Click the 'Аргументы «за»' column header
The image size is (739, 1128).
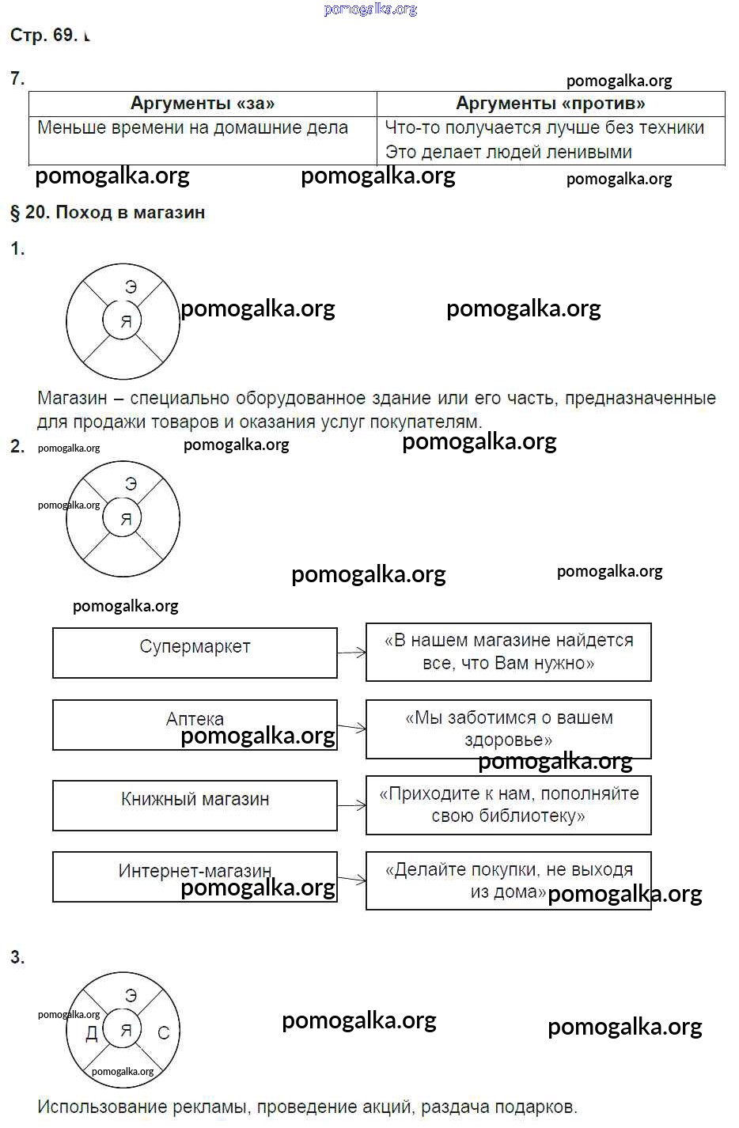pyautogui.click(x=203, y=104)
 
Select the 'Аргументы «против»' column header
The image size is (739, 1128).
pyautogui.click(x=551, y=104)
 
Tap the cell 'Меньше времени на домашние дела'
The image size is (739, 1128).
pyautogui.click(x=193, y=128)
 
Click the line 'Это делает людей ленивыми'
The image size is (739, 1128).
pyautogui.click(x=508, y=152)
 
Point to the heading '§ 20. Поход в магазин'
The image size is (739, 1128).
pyautogui.click(x=108, y=212)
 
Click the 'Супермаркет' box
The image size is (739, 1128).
pyautogui.click(x=195, y=652)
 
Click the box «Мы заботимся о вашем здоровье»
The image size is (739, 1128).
pyautogui.click(x=508, y=729)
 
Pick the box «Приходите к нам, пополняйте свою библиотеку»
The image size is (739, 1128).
pyautogui.click(x=508, y=804)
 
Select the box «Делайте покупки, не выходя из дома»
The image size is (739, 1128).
pyautogui.click(x=508, y=880)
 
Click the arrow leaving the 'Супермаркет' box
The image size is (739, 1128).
pyautogui.click(x=352, y=653)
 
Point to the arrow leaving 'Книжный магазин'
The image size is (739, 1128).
pyautogui.click(x=352, y=805)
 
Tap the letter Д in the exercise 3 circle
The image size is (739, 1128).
pyautogui.click(x=92, y=1034)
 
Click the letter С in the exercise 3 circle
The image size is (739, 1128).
pyautogui.click(x=164, y=1033)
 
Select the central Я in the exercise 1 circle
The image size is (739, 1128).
pyautogui.click(x=125, y=322)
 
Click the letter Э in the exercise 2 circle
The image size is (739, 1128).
pyautogui.click(x=131, y=484)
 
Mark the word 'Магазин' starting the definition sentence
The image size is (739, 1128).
pyautogui.click(x=72, y=399)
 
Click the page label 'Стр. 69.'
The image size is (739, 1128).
pyautogui.click(x=44, y=35)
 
